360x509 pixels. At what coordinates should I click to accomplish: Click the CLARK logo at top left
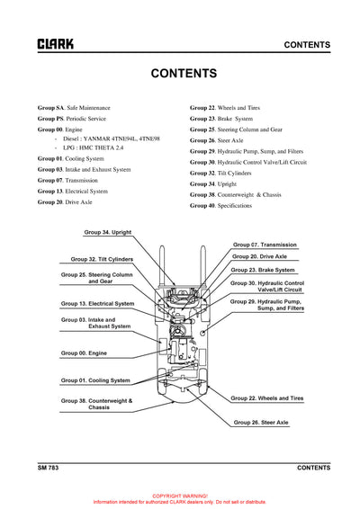pyautogui.click(x=56, y=44)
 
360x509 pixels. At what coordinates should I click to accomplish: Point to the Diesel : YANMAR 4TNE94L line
pyautogui.click(x=112, y=139)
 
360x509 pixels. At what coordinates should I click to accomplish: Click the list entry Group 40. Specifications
pyautogui.click(x=220, y=205)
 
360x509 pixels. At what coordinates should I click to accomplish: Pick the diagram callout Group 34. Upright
pyautogui.click(x=108, y=232)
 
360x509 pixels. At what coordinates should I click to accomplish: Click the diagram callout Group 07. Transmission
pyautogui.click(x=265, y=245)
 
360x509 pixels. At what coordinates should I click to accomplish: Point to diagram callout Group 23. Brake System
pyautogui.click(x=262, y=270)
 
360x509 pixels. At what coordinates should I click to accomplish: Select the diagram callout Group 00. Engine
pyautogui.click(x=84, y=353)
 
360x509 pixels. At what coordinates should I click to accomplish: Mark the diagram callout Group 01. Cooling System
pyautogui.click(x=95, y=380)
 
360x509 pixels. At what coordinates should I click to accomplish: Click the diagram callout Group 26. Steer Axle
pyautogui.click(x=261, y=422)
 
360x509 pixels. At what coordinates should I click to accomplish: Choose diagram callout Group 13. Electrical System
pyautogui.click(x=99, y=304)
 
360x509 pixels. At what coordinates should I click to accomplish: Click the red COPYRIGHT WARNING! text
pyautogui.click(x=180, y=496)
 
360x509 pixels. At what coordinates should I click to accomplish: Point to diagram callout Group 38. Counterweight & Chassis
pyautogui.click(x=96, y=404)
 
